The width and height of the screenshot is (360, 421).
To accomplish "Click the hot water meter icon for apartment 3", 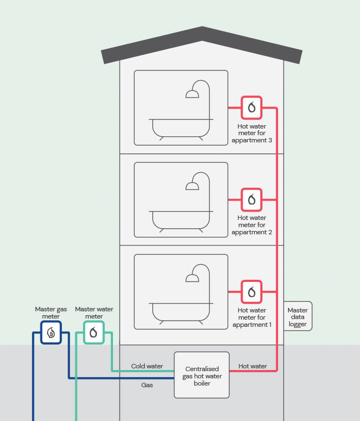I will tap(251, 107).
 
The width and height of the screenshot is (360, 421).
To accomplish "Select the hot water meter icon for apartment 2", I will tap(251, 199).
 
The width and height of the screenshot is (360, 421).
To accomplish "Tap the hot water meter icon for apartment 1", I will tap(251, 291).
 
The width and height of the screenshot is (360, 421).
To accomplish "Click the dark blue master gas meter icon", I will tap(51, 333).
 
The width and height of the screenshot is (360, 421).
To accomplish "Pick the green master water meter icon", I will tap(94, 333).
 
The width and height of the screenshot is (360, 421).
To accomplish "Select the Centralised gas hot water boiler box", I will tap(202, 375).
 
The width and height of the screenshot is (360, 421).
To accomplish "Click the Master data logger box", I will tap(298, 317).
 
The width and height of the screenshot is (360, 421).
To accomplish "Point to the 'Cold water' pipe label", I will tap(147, 366).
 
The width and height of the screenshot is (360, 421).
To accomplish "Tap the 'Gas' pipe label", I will tap(147, 384).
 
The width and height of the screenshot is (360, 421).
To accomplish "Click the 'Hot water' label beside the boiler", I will tap(253, 366).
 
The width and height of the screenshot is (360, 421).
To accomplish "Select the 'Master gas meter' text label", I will tap(51, 313).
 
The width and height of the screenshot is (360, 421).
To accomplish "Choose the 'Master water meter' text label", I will tap(94, 313).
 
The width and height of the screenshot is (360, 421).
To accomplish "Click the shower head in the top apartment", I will tap(192, 94).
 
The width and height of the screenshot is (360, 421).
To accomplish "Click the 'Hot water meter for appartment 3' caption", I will tap(252, 134).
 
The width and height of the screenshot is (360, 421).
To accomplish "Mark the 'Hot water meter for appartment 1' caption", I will tap(252, 317).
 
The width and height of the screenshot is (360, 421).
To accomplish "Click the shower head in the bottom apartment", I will tap(192, 278).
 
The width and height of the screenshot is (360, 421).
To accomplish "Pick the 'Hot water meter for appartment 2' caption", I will tap(252, 225).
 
